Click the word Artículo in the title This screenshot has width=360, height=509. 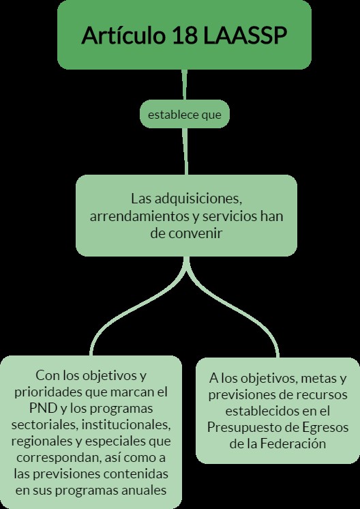pyautogui.click(x=123, y=35)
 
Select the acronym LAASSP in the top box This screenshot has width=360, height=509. pyautogui.click(x=245, y=35)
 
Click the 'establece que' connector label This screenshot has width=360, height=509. pyautogui.click(x=185, y=115)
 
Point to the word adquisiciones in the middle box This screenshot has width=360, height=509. pyautogui.click(x=198, y=199)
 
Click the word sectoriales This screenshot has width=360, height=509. pyautogui.click(x=45, y=425)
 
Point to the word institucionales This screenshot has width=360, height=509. pyautogui.click(x=126, y=425)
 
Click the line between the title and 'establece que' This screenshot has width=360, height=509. pyautogui.click(x=184, y=85)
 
